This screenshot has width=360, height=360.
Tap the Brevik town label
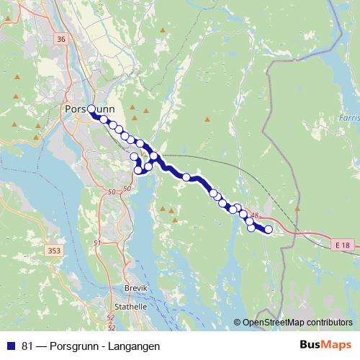click(135, 287)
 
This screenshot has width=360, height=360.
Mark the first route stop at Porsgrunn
click(91, 109)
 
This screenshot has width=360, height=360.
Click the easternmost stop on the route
click(269, 230)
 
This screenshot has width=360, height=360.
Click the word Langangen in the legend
click(135, 346)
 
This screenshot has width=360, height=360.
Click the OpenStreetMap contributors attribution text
click(296, 323)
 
